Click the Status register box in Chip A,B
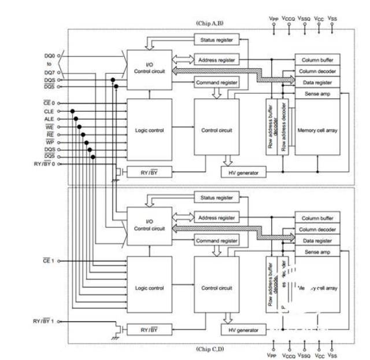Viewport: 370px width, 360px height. tap(216, 39)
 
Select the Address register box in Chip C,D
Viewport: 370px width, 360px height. tap(216, 218)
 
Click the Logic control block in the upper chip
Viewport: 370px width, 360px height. tap(149, 130)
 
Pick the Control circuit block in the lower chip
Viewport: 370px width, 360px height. tap(217, 288)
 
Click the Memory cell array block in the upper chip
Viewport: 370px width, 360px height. tap(317, 130)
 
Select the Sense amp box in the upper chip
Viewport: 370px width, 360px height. tap(317, 94)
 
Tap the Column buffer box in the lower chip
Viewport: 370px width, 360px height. tap(317, 218)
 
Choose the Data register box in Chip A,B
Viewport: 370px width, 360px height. tap(317, 83)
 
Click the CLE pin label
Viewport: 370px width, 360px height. tap(49, 111)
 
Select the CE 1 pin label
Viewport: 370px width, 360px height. tap(48, 260)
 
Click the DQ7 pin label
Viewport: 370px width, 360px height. tap(49, 72)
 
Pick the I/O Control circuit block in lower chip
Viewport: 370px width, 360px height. tap(149, 225)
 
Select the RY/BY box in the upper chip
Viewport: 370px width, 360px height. tap(149, 172)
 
